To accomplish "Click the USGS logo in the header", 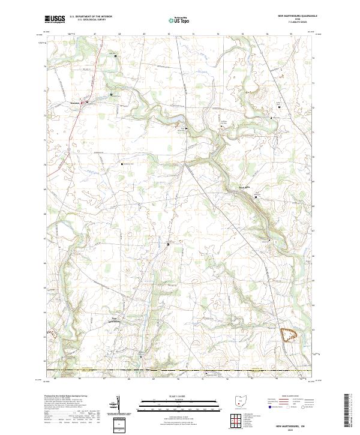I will [x=55, y=20].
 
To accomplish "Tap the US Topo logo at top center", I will [x=179, y=20].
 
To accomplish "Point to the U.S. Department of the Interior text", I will [x=91, y=17].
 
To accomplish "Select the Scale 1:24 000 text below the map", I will [x=179, y=395].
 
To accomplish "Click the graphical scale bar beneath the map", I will [x=179, y=403].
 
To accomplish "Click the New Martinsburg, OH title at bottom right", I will [x=292, y=424].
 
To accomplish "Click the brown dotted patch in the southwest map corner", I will [x=53, y=333].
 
